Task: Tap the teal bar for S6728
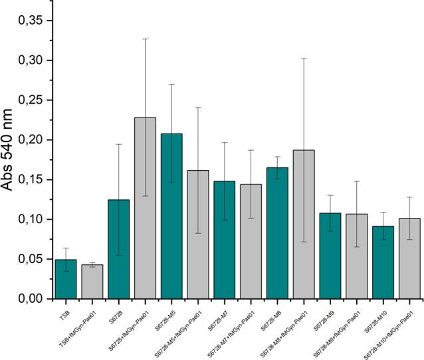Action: point(119,249)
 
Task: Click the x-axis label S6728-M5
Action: point(170,317)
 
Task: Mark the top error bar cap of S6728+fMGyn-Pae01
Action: point(145,39)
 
